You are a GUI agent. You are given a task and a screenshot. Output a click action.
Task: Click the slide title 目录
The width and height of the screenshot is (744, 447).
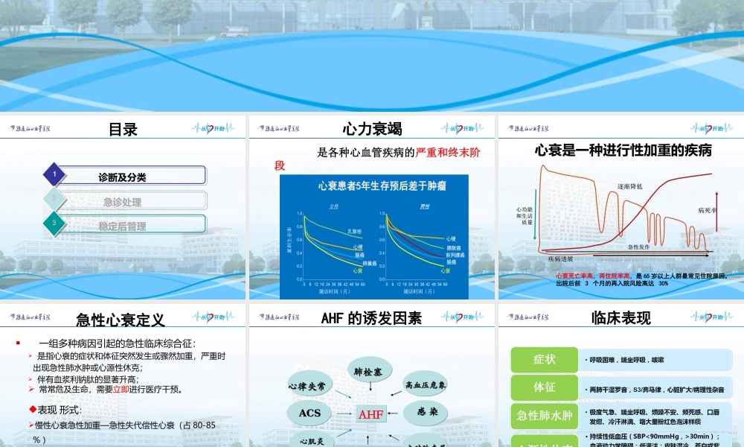coord(123,129)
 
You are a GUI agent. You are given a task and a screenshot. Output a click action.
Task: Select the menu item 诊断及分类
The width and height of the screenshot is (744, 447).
coord(123,177)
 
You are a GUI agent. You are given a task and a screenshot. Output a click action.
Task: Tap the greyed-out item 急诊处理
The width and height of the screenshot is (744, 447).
coord(123,202)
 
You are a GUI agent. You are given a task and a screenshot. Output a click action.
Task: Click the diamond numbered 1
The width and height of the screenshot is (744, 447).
coord(54,175)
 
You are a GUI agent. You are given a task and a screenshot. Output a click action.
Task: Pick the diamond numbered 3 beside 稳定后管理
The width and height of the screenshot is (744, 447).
coord(54,223)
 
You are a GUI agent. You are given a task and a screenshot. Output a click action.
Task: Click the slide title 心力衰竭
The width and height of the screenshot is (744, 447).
coord(372,129)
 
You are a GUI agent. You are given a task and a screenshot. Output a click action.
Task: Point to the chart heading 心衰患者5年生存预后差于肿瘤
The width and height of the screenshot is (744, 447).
coord(373,186)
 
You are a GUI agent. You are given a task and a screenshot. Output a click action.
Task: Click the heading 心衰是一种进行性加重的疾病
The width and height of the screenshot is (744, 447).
coord(623,150)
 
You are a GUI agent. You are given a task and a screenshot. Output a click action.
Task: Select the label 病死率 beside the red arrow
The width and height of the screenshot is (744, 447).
coord(707,211)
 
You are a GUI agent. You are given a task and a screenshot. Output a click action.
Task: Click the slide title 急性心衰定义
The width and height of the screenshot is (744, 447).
coord(121,320)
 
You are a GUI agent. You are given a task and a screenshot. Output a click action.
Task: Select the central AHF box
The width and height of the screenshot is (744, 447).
coord(371,414)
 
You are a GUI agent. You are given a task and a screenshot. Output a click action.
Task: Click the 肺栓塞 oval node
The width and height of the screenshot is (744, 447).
coord(368,371)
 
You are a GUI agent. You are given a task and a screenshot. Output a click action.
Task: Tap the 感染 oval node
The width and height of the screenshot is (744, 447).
coord(427,411)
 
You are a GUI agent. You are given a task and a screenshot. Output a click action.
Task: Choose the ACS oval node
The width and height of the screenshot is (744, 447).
coord(310,412)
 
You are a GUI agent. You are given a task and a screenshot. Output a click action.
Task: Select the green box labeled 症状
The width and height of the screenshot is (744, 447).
coord(544,360)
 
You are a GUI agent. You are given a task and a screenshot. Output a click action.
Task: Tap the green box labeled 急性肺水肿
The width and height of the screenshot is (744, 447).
coord(544,415)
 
